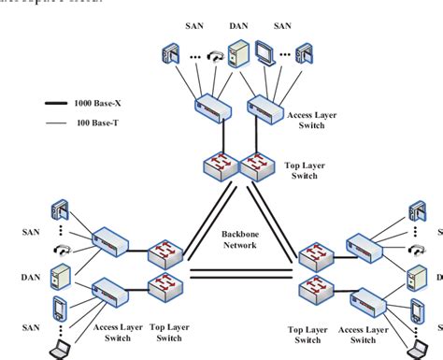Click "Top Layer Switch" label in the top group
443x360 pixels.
[300, 167]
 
